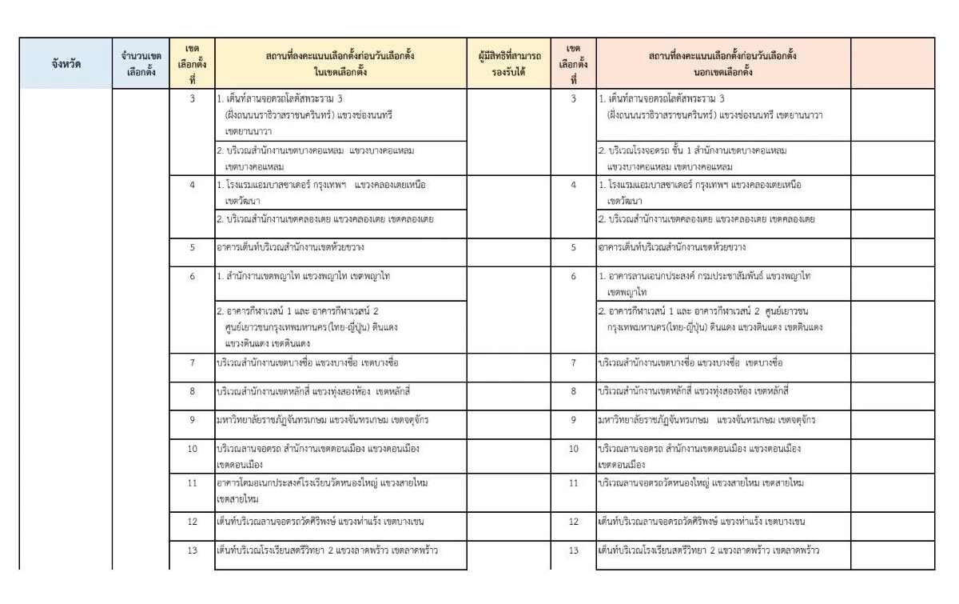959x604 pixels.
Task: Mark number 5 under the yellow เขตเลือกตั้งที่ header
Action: [x=192, y=247]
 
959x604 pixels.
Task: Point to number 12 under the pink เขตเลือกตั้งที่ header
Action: [x=574, y=521]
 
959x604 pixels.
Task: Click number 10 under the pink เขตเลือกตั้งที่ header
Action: [x=574, y=450]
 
